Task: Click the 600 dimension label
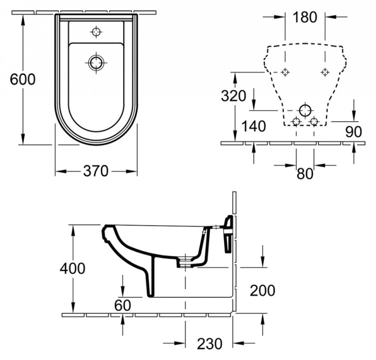pos(23,79)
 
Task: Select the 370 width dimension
pos(96,171)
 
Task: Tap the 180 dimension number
pos(305,17)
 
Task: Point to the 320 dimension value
pos(233,96)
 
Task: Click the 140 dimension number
pos(254,126)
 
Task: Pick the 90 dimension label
pos(353,132)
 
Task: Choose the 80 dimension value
pos(305,174)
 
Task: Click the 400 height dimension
pos(72,268)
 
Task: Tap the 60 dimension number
pos(122,305)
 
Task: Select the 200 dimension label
pos(262,290)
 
